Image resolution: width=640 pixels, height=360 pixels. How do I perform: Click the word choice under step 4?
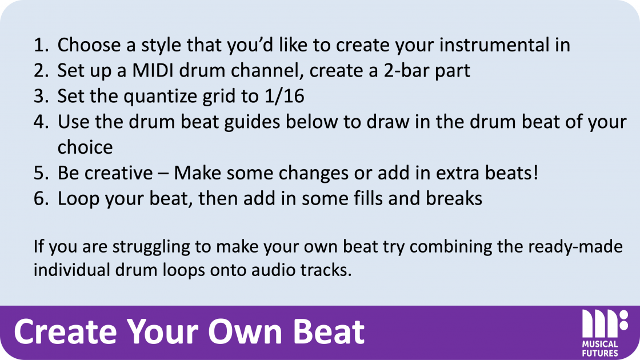[85, 147]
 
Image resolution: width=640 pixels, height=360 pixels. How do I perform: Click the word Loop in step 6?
[78, 198]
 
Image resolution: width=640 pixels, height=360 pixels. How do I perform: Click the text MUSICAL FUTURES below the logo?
[600, 348]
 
